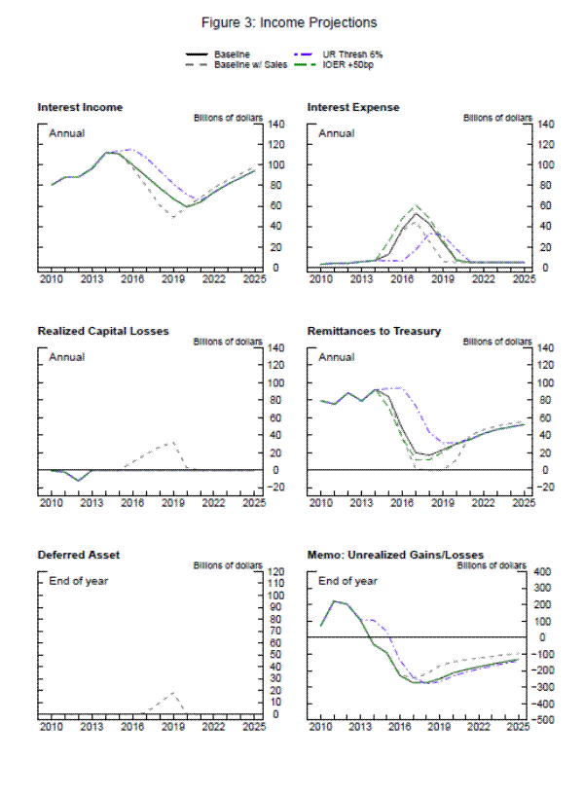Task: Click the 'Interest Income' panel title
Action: tap(80, 107)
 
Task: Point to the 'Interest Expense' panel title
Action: tap(353, 107)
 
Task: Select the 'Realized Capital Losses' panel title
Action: tap(103, 331)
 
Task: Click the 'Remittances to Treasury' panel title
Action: tap(374, 331)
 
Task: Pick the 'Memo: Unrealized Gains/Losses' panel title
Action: tap(394, 556)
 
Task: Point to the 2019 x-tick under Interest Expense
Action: tap(443, 278)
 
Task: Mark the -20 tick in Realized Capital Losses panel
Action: tap(274, 488)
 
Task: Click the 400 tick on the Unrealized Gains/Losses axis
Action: tap(543, 571)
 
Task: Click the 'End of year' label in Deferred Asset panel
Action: tap(78, 581)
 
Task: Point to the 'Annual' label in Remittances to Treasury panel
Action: tap(336, 356)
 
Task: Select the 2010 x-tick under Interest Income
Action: tap(51, 278)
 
